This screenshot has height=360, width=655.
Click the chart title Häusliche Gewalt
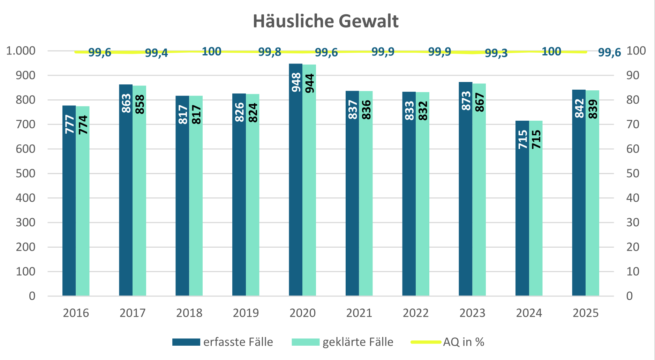[325, 21]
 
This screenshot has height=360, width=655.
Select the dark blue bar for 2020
[296, 192]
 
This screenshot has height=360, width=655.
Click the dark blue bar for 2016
[69, 209]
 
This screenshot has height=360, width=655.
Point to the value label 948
[296, 82]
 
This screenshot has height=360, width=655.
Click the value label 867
[480, 102]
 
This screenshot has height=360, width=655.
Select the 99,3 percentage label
[496, 53]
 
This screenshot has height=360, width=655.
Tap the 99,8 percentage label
[270, 52]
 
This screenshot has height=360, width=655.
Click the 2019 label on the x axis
[246, 313]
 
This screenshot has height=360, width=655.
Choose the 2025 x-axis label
[586, 313]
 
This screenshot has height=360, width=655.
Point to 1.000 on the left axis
[21, 51]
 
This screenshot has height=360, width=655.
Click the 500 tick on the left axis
[25, 173]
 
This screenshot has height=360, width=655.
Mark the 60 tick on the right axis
[633, 149]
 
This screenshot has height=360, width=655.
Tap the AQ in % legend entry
[464, 342]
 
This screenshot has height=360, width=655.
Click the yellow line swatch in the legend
[426, 342]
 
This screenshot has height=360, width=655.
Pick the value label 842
[579, 108]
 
